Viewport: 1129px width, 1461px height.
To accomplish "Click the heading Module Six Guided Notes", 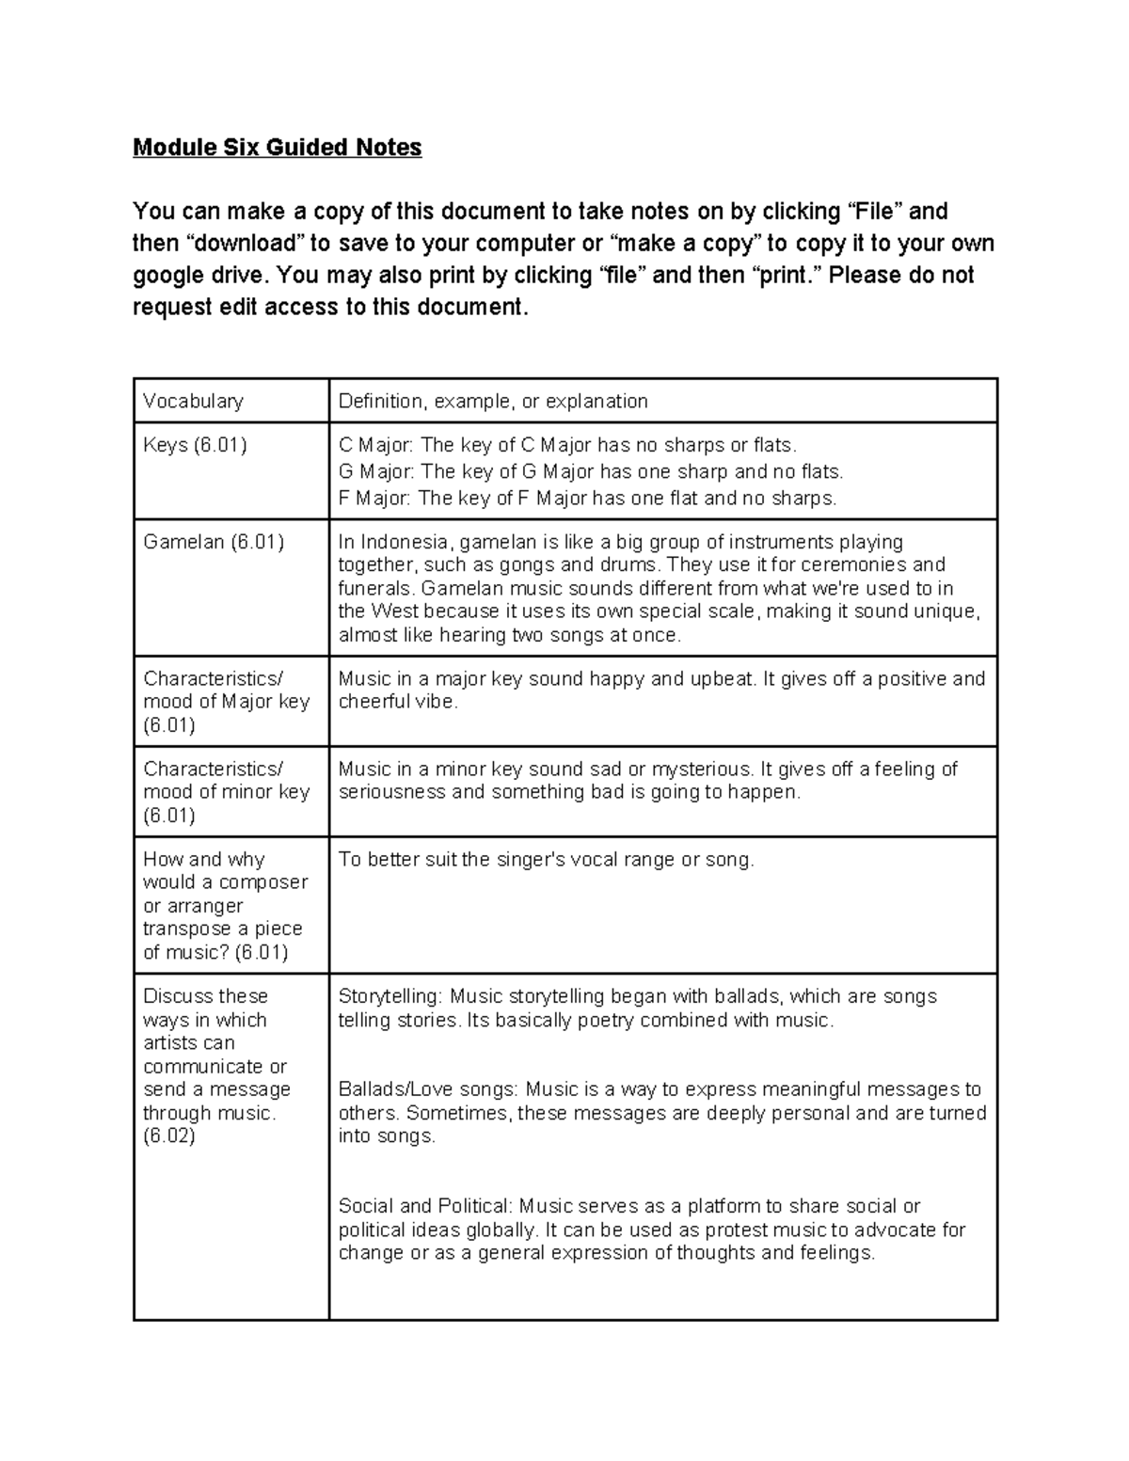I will click(277, 148).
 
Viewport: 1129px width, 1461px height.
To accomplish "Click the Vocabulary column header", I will click(193, 402).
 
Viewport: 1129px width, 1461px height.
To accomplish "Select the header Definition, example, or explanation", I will click(493, 402).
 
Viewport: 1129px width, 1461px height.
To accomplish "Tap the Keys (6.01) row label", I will click(195, 446).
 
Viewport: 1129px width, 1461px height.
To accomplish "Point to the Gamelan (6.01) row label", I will click(213, 543).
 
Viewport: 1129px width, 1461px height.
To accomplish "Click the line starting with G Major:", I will click(591, 472).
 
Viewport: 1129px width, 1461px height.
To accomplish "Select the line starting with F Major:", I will click(587, 499).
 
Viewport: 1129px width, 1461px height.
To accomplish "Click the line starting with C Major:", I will click(567, 446).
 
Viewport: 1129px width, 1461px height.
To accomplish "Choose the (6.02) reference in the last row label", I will click(169, 1136).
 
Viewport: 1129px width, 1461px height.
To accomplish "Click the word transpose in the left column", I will click(183, 929).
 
